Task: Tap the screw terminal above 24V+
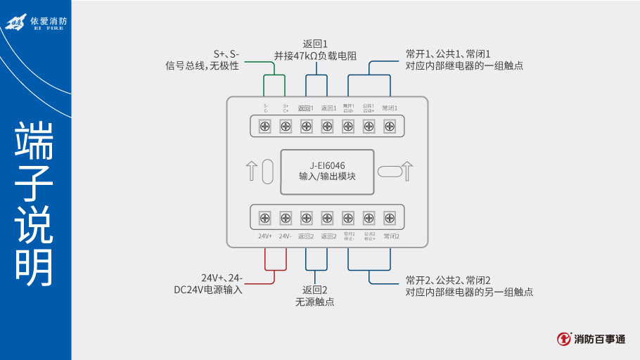coord(265,217)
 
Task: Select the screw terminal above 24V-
coord(286,217)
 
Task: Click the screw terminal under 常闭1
coord(389,127)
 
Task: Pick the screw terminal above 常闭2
coord(389,217)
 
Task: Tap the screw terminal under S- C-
coord(265,127)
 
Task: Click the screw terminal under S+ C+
coord(286,127)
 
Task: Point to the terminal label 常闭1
coord(390,108)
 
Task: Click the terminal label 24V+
coord(265,236)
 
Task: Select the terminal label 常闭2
coord(391,236)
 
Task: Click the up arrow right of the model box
coord(407,172)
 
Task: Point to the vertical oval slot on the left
coord(267,172)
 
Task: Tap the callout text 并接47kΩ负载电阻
coord(316,55)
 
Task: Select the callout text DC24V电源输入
coord(208,289)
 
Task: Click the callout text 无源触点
coord(315,302)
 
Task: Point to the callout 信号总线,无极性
coord(202,65)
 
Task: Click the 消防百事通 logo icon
coord(564,339)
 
